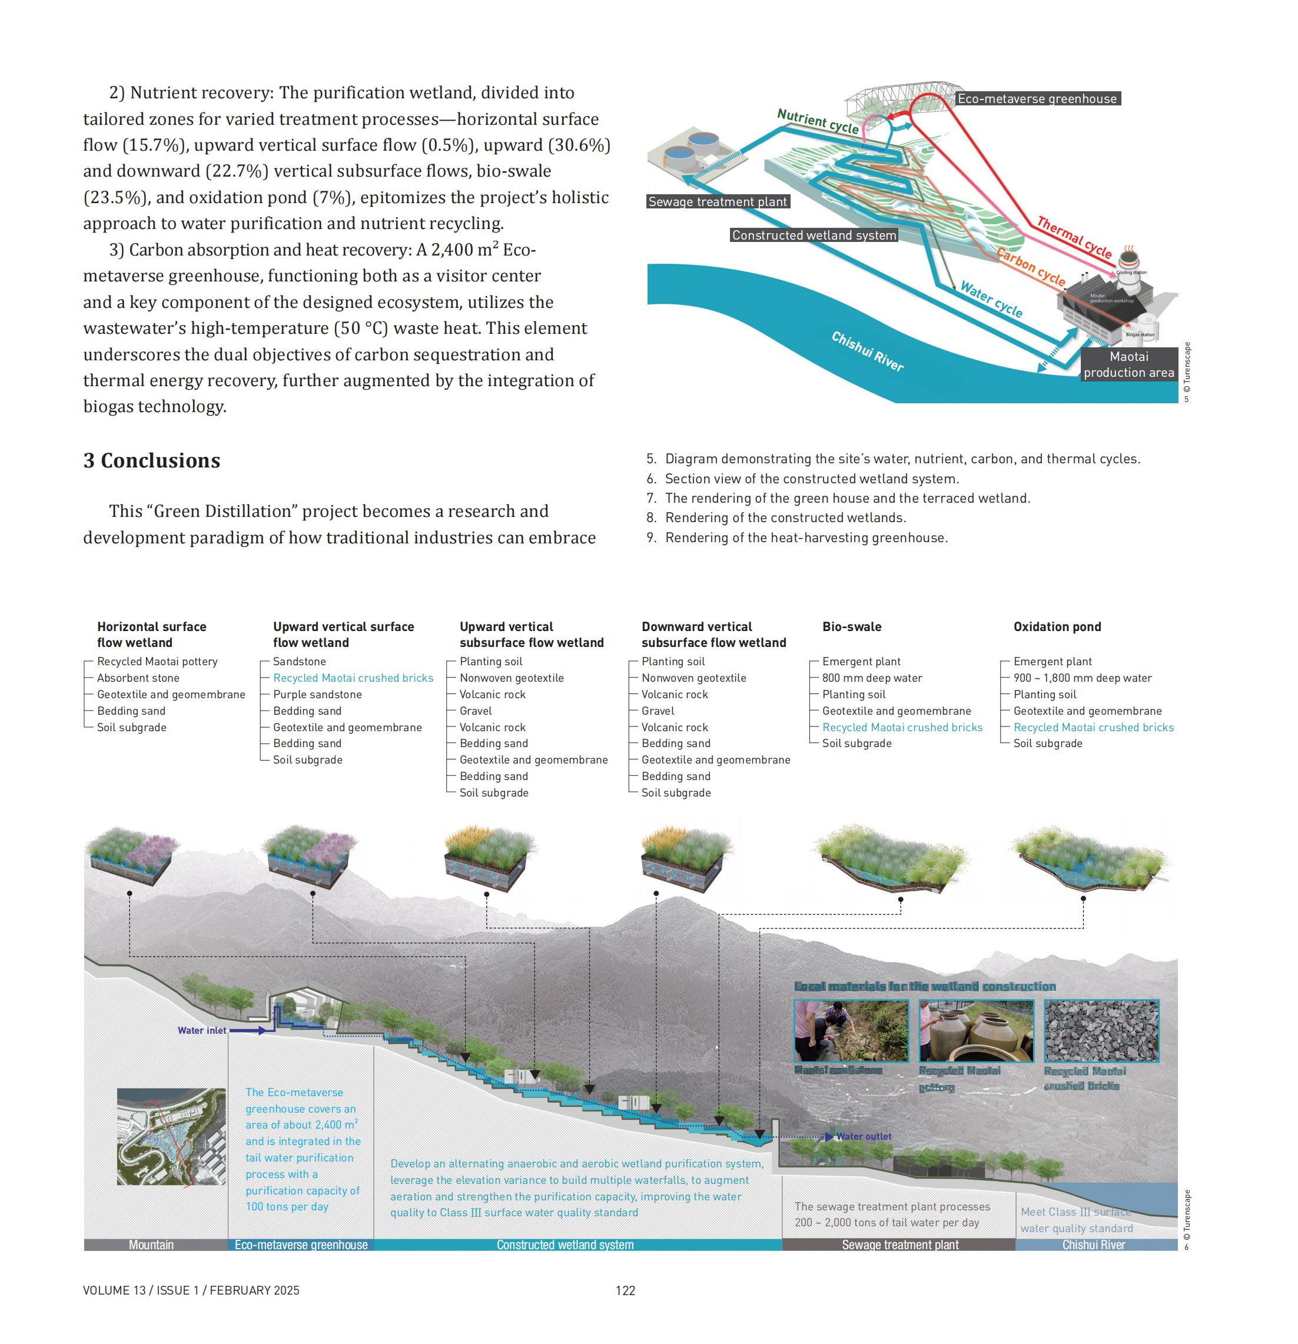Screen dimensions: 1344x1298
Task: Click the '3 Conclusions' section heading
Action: pyautogui.click(x=151, y=460)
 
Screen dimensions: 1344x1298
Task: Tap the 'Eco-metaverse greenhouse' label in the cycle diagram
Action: pyautogui.click(x=1037, y=99)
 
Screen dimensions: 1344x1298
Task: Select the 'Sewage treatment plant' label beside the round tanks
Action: pyautogui.click(x=717, y=201)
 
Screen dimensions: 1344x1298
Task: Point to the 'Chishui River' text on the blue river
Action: pyautogui.click(x=867, y=350)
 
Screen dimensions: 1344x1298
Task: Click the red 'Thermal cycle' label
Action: pyautogui.click(x=1074, y=237)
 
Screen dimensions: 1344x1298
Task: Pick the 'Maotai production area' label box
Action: pyautogui.click(x=1128, y=364)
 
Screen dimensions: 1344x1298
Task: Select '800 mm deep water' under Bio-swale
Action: pyautogui.click(x=871, y=678)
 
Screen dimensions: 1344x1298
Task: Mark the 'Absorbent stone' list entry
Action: pyautogui.click(x=138, y=678)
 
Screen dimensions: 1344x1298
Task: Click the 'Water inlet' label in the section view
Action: pyautogui.click(x=201, y=1030)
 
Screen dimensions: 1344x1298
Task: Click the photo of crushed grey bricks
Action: pyautogui.click(x=1101, y=1031)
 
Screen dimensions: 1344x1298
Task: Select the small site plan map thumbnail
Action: pyautogui.click(x=171, y=1136)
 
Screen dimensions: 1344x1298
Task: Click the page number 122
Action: pyautogui.click(x=625, y=1290)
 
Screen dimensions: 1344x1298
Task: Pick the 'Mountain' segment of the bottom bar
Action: pyautogui.click(x=151, y=1245)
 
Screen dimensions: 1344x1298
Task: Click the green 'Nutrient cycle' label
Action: pyautogui.click(x=817, y=121)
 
